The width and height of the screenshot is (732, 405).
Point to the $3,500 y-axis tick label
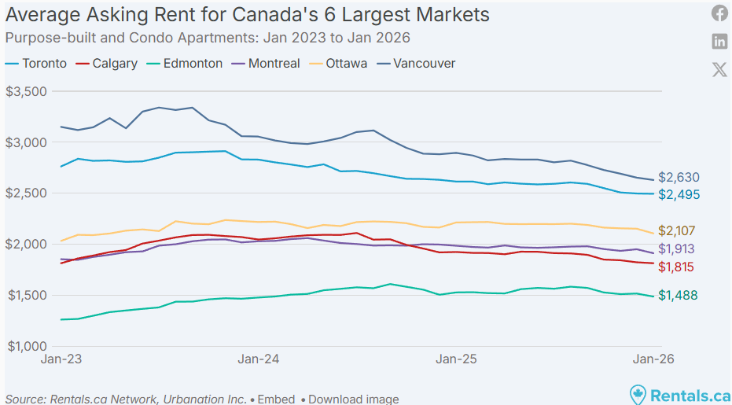(x=27, y=91)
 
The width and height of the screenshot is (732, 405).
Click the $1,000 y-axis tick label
(x=27, y=346)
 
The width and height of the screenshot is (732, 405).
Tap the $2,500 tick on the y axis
(x=27, y=193)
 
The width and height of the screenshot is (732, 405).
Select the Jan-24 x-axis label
(x=259, y=359)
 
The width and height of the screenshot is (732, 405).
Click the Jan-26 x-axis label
(x=654, y=359)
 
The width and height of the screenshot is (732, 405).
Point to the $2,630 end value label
(x=679, y=178)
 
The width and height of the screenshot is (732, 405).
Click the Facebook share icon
(x=719, y=13)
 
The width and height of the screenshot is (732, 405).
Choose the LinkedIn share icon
(x=719, y=41)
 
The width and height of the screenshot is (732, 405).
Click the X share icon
(x=719, y=69)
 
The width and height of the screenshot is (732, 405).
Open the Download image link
(x=353, y=399)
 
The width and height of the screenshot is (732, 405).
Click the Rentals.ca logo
(x=680, y=394)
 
